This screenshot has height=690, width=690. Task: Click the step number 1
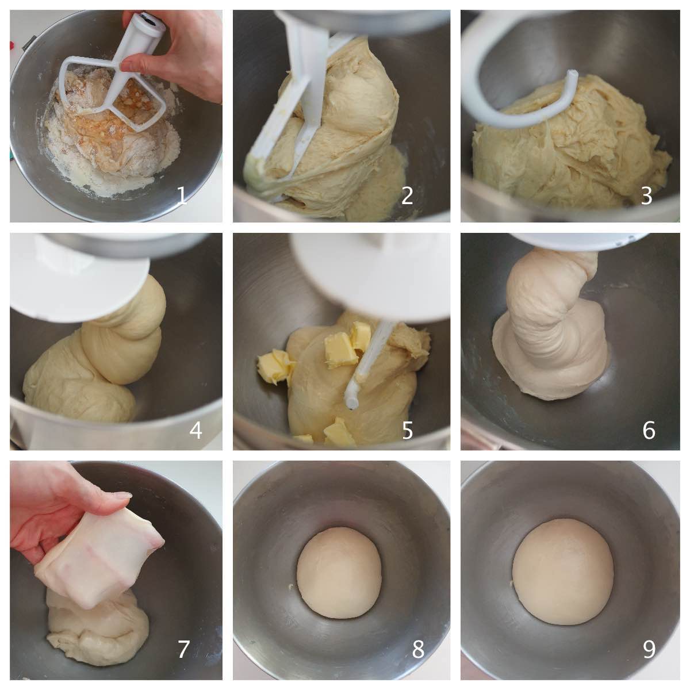[182, 196]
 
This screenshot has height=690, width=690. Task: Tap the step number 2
[407, 196]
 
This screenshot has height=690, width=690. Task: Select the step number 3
[646, 196]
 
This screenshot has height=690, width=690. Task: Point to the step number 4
[195, 431]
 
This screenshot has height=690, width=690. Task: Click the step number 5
[408, 431]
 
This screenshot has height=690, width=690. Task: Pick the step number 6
[649, 431]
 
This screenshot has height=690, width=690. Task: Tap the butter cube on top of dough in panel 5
[341, 349]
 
